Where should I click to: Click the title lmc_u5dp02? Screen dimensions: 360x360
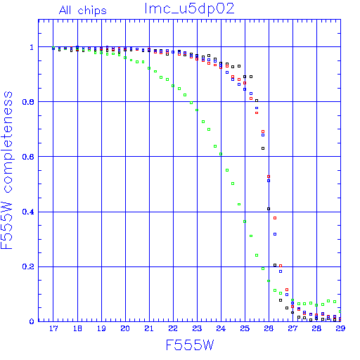coord(189,9)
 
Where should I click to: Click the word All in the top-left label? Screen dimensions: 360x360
coord(65,11)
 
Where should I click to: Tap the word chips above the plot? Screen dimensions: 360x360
coord(92,11)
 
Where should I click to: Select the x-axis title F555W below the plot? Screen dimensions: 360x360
coord(190,345)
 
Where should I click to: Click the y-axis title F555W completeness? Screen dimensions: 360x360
coord(7,170)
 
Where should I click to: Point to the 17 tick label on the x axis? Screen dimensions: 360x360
coord(53,328)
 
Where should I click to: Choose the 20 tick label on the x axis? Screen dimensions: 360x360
coord(125,328)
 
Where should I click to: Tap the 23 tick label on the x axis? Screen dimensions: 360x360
coord(197,328)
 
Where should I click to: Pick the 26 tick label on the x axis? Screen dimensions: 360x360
coord(269,328)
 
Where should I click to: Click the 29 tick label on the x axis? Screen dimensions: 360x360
coord(340,328)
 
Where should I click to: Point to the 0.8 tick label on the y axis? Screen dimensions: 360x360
coord(28,102)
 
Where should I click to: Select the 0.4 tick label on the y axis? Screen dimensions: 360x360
coord(28,212)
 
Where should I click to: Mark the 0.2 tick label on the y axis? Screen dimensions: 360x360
coord(28,266)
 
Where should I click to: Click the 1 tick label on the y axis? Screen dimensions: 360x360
coord(32,47)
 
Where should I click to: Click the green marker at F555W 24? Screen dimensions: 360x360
coord(221,154)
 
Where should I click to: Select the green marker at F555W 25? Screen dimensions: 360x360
coord(245,221)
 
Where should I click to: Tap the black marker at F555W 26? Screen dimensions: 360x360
coord(269,209)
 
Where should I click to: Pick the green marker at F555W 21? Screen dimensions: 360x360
coord(149,68)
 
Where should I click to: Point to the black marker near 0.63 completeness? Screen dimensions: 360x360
coord(263,148)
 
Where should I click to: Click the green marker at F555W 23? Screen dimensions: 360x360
coord(197,110)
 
